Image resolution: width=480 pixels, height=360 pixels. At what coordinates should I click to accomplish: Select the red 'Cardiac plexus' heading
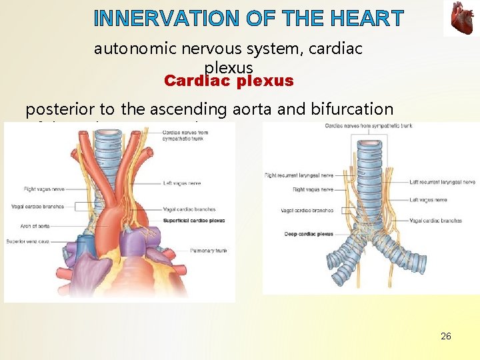[x=229, y=81]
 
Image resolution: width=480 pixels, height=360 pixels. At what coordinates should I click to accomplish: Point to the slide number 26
[x=446, y=336]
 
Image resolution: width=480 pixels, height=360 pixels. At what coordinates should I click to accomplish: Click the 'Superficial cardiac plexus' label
[x=193, y=221]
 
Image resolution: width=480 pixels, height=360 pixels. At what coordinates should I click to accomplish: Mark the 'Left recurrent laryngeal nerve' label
[x=442, y=181]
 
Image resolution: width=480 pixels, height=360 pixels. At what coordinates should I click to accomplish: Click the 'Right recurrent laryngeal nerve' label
[x=299, y=175]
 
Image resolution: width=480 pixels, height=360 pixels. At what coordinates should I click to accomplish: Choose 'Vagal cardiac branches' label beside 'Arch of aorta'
[x=37, y=207]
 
